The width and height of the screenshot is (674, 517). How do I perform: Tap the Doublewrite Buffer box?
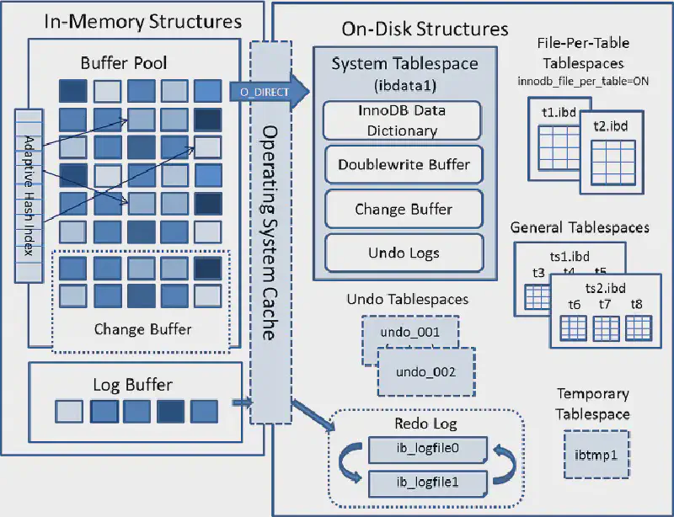404,163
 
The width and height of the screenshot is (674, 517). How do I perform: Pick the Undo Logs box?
404,252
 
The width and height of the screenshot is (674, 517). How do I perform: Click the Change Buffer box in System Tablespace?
404,209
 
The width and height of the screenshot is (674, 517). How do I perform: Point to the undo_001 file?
410,332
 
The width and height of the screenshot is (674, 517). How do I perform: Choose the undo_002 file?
425,371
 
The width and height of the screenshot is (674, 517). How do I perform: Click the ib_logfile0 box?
426,448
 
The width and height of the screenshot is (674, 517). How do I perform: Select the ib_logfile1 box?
426,482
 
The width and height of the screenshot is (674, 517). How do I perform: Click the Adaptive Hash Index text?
29,195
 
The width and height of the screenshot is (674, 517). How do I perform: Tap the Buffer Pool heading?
124,62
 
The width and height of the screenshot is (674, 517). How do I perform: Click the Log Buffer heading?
132,384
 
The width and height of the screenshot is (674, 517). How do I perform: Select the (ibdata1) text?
404,84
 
